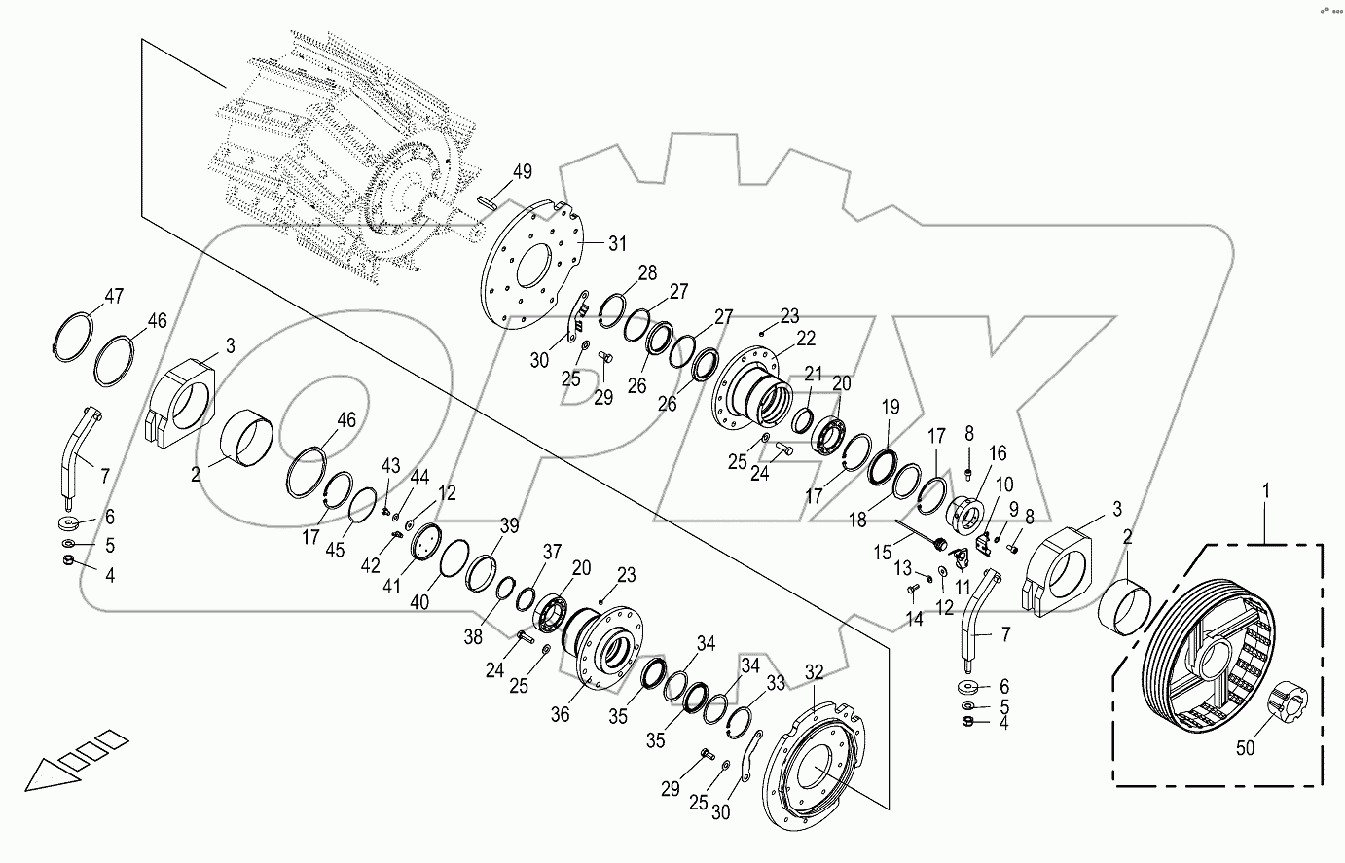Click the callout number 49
click(x=523, y=172)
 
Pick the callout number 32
click(x=815, y=671)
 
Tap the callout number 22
click(x=805, y=338)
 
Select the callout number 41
click(x=390, y=588)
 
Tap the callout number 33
click(x=775, y=684)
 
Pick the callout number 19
click(x=891, y=407)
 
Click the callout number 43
click(x=390, y=466)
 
